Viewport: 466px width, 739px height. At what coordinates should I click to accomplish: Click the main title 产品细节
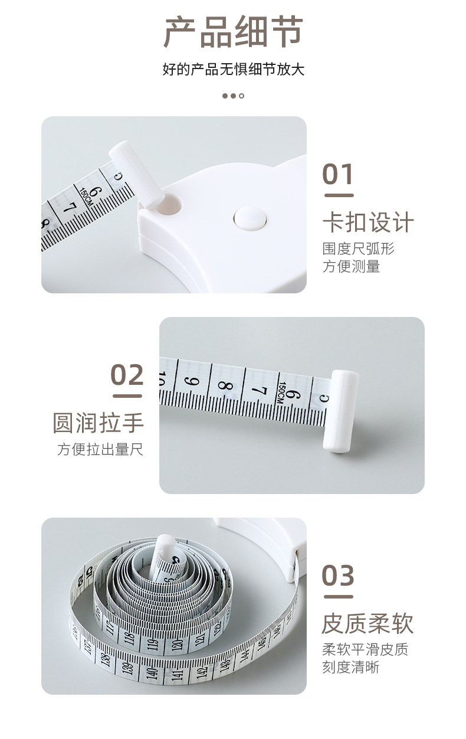tap(233, 32)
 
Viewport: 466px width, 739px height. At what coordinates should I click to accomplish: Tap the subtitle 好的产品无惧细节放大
tap(233, 70)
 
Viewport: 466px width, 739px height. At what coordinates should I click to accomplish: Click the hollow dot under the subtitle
tap(241, 96)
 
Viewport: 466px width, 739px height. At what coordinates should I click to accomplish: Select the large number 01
tap(338, 175)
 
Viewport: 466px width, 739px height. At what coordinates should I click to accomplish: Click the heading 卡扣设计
tap(368, 223)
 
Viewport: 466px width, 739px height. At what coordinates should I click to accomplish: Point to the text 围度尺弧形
tap(358, 248)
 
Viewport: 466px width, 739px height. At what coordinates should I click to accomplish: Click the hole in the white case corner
tap(172, 205)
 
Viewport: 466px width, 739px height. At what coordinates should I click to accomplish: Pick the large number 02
tap(127, 375)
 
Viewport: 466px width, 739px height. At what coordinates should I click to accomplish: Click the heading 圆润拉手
tap(98, 423)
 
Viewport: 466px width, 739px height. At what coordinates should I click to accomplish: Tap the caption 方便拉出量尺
tap(100, 450)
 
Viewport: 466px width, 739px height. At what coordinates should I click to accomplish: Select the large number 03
tap(338, 575)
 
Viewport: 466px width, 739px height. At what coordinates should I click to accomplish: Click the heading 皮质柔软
tap(367, 623)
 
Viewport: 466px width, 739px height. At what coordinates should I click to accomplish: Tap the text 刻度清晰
tap(350, 668)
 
